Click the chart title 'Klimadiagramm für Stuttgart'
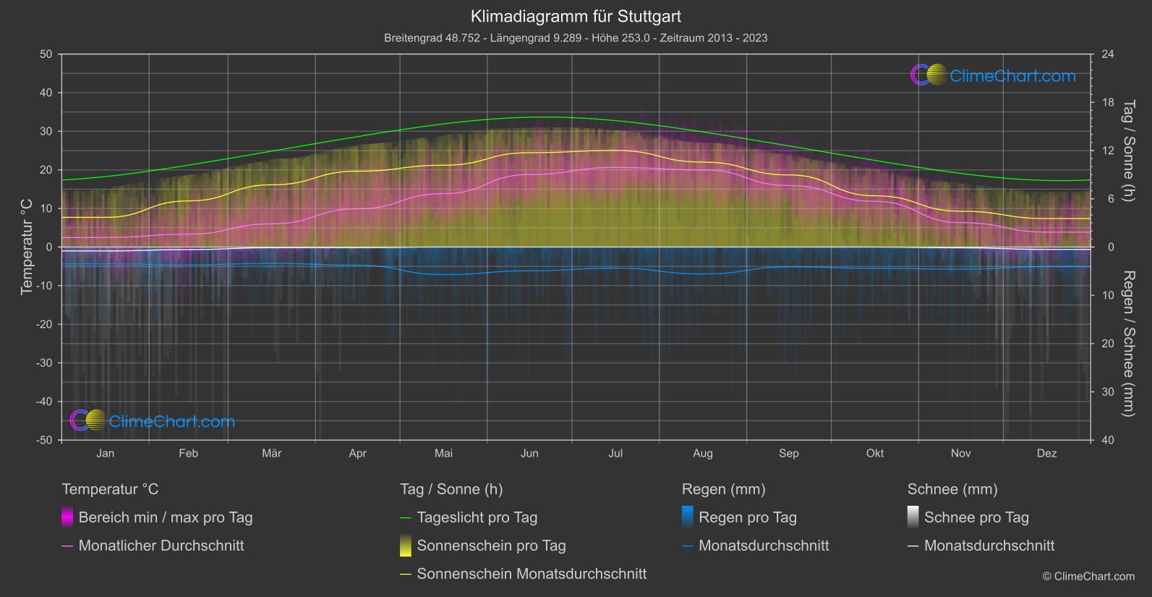pyautogui.click(x=576, y=17)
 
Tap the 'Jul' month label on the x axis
pyautogui.click(x=615, y=454)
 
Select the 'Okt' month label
pyautogui.click(x=875, y=454)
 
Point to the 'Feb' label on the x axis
pyautogui.click(x=188, y=454)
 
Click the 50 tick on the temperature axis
pyautogui.click(x=46, y=54)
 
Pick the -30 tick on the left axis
pyautogui.click(x=44, y=363)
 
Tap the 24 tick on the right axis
pyautogui.click(x=1107, y=54)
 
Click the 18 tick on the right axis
pyautogui.click(x=1107, y=103)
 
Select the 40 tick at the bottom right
pyautogui.click(x=1107, y=440)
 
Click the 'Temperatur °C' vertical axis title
pyautogui.click(x=27, y=247)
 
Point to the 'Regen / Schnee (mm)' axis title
pyautogui.click(x=1128, y=344)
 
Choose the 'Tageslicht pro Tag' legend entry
pyautogui.click(x=477, y=517)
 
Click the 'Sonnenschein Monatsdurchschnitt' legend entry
pyautogui.click(x=532, y=574)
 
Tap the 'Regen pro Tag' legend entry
pyautogui.click(x=747, y=517)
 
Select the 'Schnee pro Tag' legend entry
pyautogui.click(x=976, y=517)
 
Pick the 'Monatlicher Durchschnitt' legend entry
pyautogui.click(x=161, y=546)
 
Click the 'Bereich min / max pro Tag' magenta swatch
pyautogui.click(x=67, y=517)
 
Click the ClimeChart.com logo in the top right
pyautogui.click(x=994, y=75)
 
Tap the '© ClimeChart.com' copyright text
pyautogui.click(x=1088, y=577)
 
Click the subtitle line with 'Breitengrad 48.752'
pyautogui.click(x=576, y=38)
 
